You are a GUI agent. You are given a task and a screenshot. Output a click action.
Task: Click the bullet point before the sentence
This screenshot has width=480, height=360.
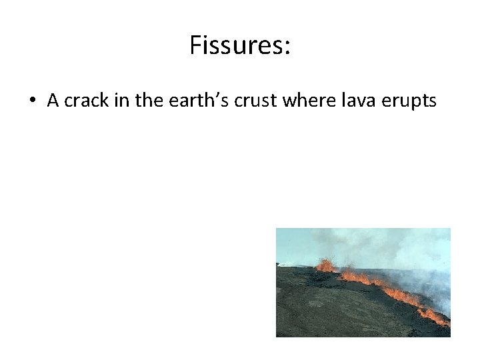(x=32, y=101)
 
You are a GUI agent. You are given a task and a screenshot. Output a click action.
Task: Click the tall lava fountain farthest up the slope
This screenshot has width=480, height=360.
(x=325, y=265)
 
